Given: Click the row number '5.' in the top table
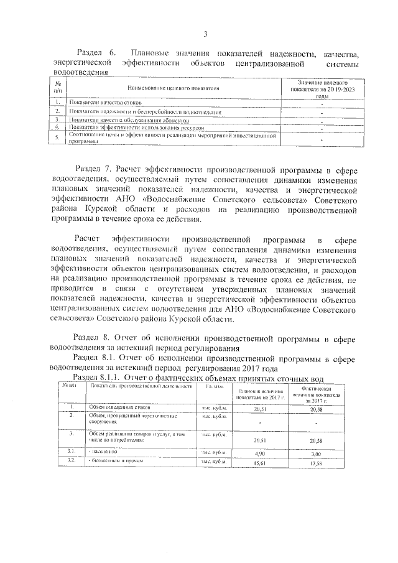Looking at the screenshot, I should point(57,137).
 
